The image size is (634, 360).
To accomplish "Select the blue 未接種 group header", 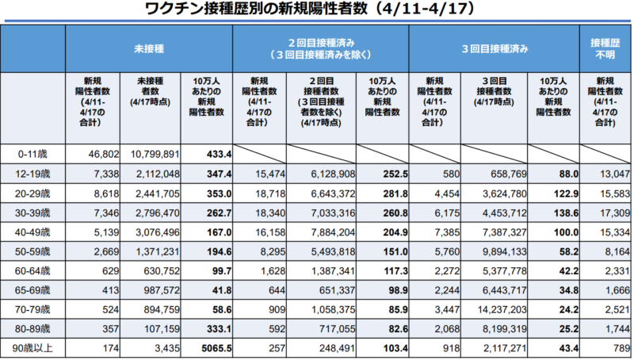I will [x=149, y=49].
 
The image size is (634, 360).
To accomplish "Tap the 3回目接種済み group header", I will [x=495, y=49].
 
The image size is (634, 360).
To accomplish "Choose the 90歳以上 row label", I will [x=32, y=349].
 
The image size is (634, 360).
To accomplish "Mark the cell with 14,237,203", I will [x=494, y=309].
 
